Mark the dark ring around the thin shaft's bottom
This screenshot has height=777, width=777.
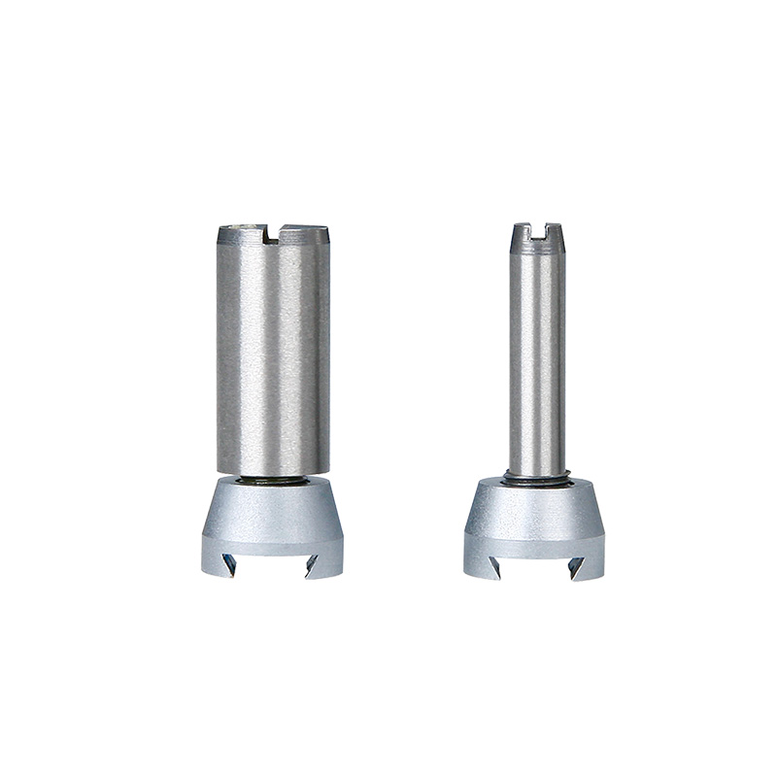(537, 476)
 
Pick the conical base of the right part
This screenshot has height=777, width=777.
(536, 508)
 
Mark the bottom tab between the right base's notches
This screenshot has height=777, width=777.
(536, 568)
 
